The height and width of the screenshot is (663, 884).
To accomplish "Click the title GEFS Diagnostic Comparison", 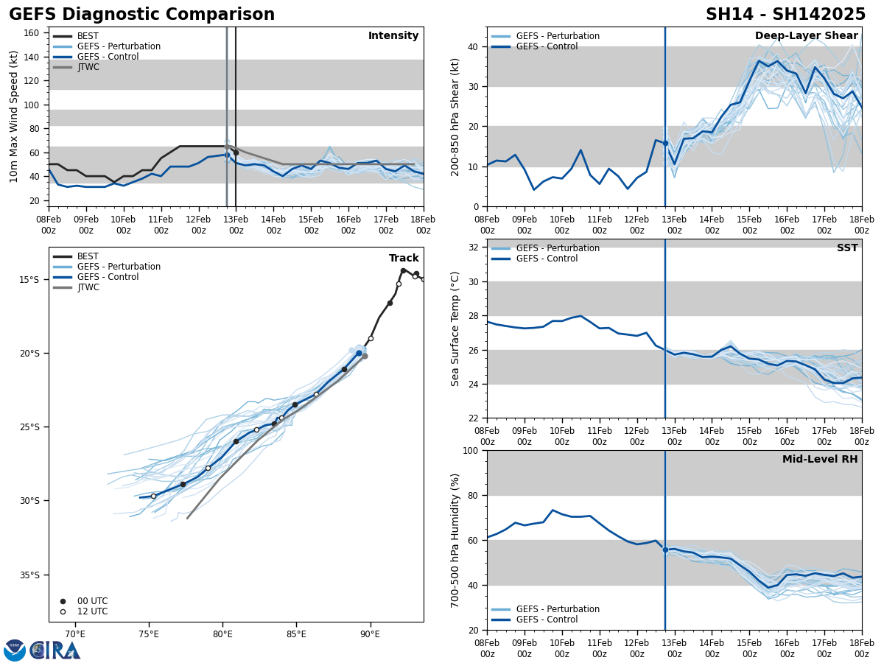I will (141, 15).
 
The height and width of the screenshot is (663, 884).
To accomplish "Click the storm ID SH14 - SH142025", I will (785, 15).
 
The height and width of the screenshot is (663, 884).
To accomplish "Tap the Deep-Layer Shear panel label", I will (806, 36).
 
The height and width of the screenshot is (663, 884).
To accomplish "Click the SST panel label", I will (846, 248).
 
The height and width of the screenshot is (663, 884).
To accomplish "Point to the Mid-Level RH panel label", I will (819, 460).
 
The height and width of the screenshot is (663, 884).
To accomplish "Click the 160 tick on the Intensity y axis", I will (32, 33).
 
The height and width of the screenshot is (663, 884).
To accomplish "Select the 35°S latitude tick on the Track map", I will (29, 575).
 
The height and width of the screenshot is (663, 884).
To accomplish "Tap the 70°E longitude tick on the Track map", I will (75, 633).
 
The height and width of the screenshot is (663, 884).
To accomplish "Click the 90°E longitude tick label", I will (370, 633).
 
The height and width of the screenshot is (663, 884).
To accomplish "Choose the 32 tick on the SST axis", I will (475, 248).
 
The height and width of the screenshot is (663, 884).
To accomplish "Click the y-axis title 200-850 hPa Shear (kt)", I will (455, 116).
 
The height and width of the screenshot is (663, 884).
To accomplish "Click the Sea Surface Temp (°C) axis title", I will (455, 329).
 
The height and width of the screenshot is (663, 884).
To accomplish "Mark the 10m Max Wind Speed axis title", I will (14, 116).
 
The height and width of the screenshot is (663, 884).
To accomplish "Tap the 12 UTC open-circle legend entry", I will (89, 611).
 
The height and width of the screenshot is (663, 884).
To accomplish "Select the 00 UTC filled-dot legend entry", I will (89, 601).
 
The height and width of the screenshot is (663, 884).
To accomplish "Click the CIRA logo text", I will (55, 650).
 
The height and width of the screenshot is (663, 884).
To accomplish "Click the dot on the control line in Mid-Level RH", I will (665, 550).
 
